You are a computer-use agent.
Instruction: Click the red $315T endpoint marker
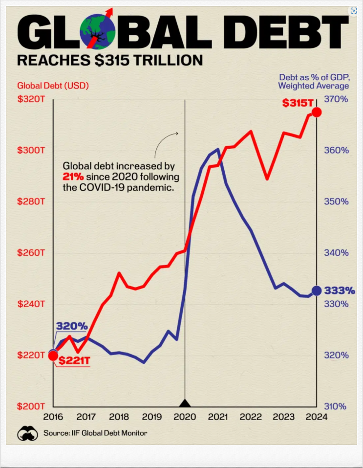(x=317, y=112)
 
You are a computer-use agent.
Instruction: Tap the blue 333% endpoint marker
(x=316, y=290)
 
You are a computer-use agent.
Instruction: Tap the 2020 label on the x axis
(x=185, y=417)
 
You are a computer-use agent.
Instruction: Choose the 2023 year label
(x=284, y=417)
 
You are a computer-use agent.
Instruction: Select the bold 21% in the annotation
(x=72, y=177)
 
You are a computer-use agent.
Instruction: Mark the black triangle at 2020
(x=185, y=403)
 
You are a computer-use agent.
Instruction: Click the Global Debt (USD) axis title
(x=49, y=86)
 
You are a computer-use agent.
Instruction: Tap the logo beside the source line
(x=27, y=433)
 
